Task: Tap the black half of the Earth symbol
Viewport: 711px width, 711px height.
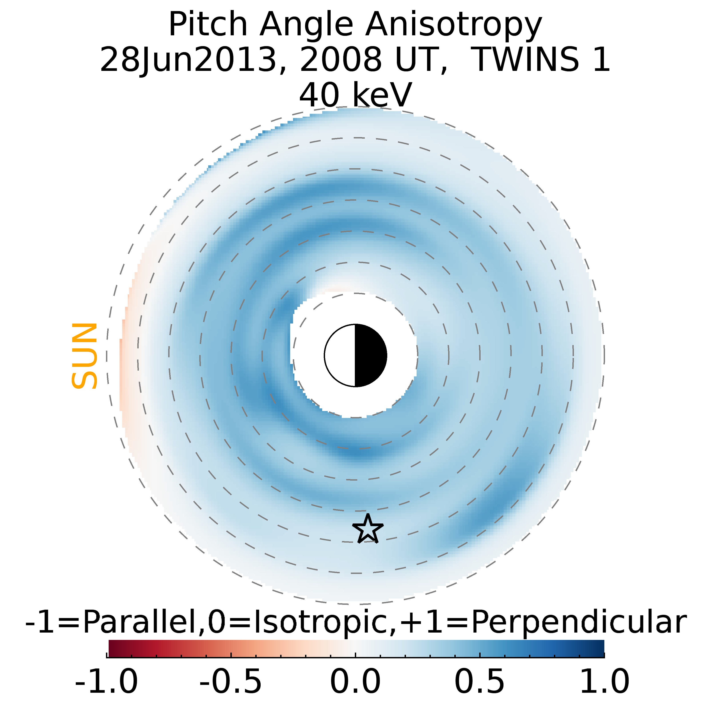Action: tap(370, 355)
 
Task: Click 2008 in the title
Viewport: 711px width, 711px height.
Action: tap(340, 60)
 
